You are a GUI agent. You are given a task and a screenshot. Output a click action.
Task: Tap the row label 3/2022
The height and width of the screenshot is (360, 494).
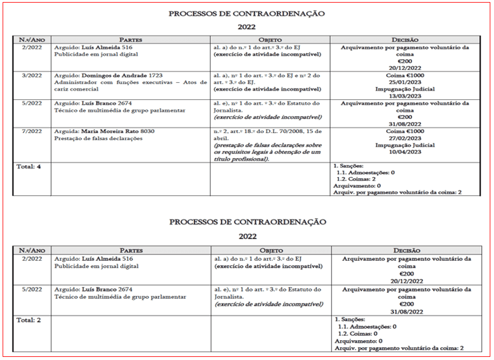point(27,76)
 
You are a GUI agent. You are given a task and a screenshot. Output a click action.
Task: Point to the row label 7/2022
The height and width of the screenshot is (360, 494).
point(27,131)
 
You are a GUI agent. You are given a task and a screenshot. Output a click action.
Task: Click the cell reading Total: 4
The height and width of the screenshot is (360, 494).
point(30,166)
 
